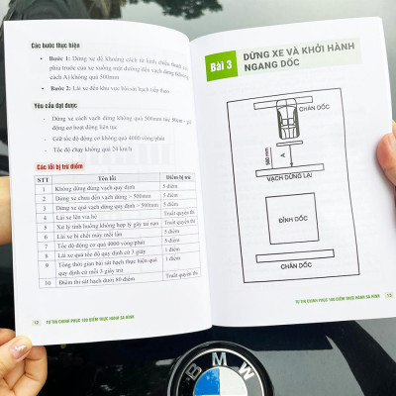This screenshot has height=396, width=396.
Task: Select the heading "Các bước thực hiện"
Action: pyautogui.click(x=56, y=47)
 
